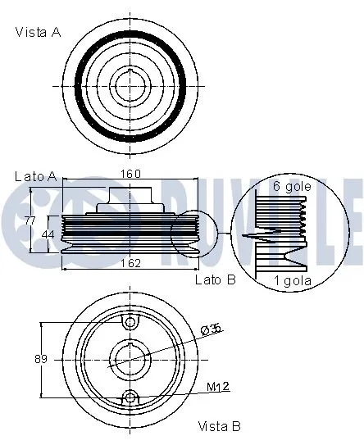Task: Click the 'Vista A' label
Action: [x=39, y=32]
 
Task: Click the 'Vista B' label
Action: [x=219, y=426]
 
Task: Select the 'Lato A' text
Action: [x=35, y=176]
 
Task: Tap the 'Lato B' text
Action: [x=215, y=279]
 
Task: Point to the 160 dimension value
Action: [x=131, y=174]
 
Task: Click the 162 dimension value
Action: [x=131, y=263]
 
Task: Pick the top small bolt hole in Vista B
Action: [x=130, y=322]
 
